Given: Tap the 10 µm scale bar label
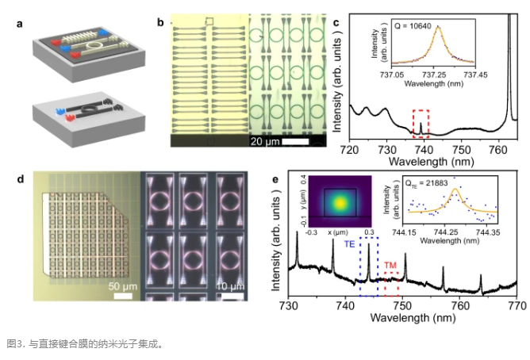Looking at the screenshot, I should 231,285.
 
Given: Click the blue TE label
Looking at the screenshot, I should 348,245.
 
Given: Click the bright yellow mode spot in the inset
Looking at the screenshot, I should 341,202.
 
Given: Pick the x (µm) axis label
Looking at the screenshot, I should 340,243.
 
